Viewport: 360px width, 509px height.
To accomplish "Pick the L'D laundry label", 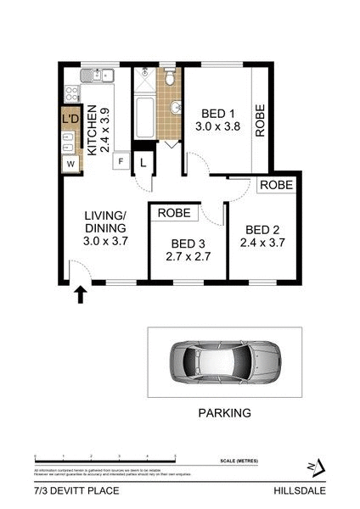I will tap(70, 120).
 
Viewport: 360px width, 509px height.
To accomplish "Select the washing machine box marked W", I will tap(70, 162).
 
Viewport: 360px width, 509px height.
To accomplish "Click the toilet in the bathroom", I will tap(171, 79).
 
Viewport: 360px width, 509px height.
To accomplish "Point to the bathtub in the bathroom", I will tap(143, 116).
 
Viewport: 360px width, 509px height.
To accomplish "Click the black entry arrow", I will tap(81, 294).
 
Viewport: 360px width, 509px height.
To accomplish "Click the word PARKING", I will tap(224, 413).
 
